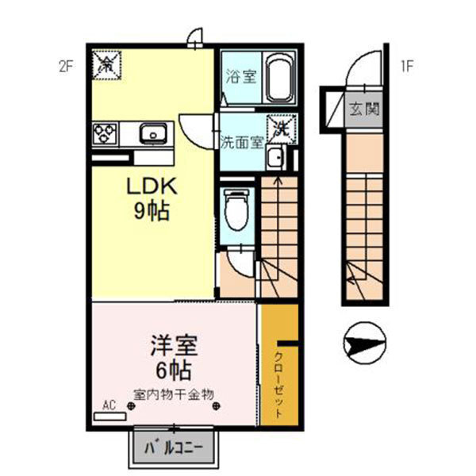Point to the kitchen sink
tap(153, 132)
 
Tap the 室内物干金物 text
tap(178, 393)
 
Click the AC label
tap(109, 405)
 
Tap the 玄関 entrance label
tap(363, 107)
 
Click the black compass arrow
tap(363, 343)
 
